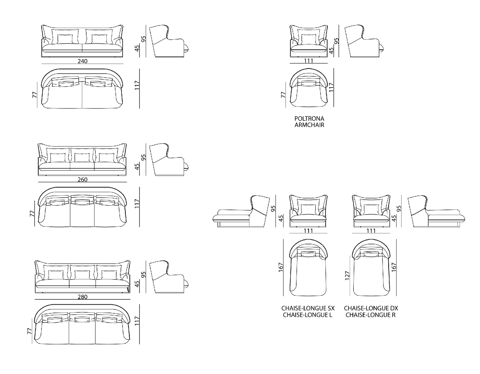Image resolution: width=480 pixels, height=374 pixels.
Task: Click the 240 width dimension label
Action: point(82,61)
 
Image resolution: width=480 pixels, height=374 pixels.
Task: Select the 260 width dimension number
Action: point(82,180)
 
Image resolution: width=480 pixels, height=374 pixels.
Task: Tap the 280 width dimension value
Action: point(82,297)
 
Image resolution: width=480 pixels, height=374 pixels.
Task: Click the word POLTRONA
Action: point(309,118)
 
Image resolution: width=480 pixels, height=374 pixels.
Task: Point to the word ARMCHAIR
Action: point(309,125)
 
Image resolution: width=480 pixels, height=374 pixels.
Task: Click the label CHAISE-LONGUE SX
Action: point(308,308)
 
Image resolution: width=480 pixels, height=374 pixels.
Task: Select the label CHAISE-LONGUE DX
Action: point(371,308)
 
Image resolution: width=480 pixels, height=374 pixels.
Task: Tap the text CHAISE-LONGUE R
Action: point(370,315)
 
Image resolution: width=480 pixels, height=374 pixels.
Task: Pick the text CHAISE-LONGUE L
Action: point(308,315)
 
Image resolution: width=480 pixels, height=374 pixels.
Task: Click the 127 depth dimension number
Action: point(347,276)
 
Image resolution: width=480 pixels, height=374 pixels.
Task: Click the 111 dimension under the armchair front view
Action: point(309,61)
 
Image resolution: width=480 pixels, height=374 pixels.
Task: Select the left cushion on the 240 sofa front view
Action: point(65,39)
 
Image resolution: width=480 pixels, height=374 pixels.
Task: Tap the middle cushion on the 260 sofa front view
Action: point(82,157)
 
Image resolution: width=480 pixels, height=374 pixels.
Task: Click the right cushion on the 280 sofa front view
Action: point(108,274)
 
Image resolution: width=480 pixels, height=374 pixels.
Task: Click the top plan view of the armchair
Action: point(309,88)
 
